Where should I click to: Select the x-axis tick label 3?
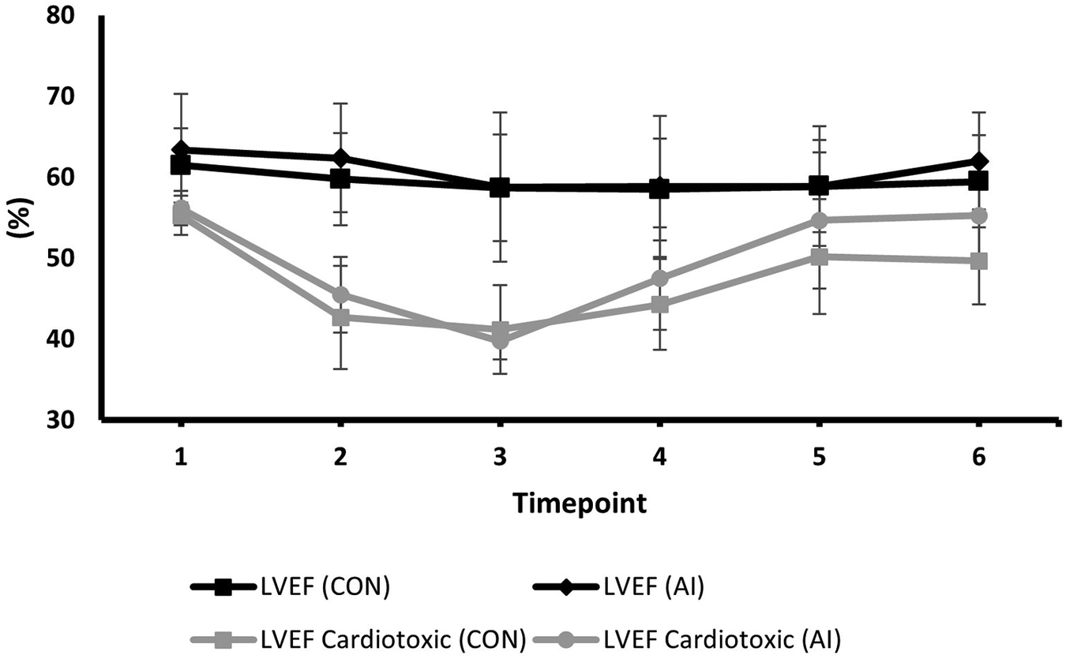500,458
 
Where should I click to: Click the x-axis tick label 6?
978,458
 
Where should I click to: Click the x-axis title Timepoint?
579,503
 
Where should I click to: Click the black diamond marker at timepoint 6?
978,162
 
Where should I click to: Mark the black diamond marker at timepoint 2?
340,158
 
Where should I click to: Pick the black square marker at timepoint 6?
978,182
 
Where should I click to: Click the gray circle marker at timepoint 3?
500,340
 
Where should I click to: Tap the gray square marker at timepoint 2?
340,317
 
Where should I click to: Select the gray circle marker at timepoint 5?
819,220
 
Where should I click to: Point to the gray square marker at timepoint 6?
978,261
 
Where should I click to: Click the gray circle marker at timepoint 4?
659,279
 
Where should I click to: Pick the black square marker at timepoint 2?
340,178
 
